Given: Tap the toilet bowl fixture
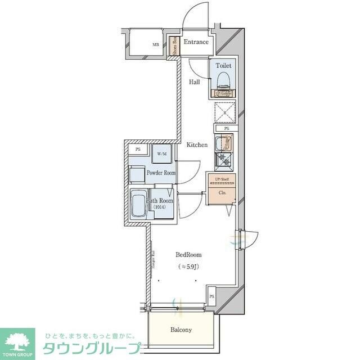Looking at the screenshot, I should coord(223,78).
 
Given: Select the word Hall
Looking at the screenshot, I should coord(194,82).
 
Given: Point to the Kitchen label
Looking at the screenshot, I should coord(197,145).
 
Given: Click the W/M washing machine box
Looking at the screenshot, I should coord(162,154).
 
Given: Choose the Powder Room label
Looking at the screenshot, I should coord(161,173).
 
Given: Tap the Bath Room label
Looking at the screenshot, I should coord(160,200).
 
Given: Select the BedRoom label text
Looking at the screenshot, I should coord(188,255).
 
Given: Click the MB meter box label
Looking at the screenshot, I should coord(156,44).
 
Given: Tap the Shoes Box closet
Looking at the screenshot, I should coord(174,44).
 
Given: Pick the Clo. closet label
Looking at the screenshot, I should coord(222,193).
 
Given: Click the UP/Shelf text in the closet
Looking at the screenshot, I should coord(222,179).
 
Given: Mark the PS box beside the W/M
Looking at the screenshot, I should coord(137,150).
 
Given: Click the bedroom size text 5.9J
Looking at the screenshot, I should coord(188,266).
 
